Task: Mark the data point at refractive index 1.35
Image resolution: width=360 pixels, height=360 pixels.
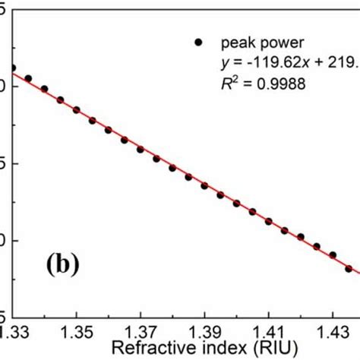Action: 77,110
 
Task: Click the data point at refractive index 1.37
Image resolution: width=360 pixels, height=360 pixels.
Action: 141,150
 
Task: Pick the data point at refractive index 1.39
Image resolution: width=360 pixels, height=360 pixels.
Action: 204,186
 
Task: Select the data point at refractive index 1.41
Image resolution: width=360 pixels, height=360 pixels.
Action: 269,221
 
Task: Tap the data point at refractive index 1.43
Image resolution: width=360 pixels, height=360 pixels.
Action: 333,255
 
